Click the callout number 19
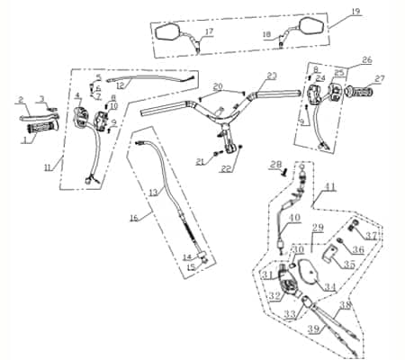coord(355,11)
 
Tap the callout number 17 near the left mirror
coord(209,33)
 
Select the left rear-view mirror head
coord(169,31)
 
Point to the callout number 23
coord(272,76)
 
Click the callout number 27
coord(380,79)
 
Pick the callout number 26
coord(366,60)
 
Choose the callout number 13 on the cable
coord(152,193)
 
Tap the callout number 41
coord(330,186)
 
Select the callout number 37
coord(372,236)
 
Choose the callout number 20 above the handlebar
coord(216,86)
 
